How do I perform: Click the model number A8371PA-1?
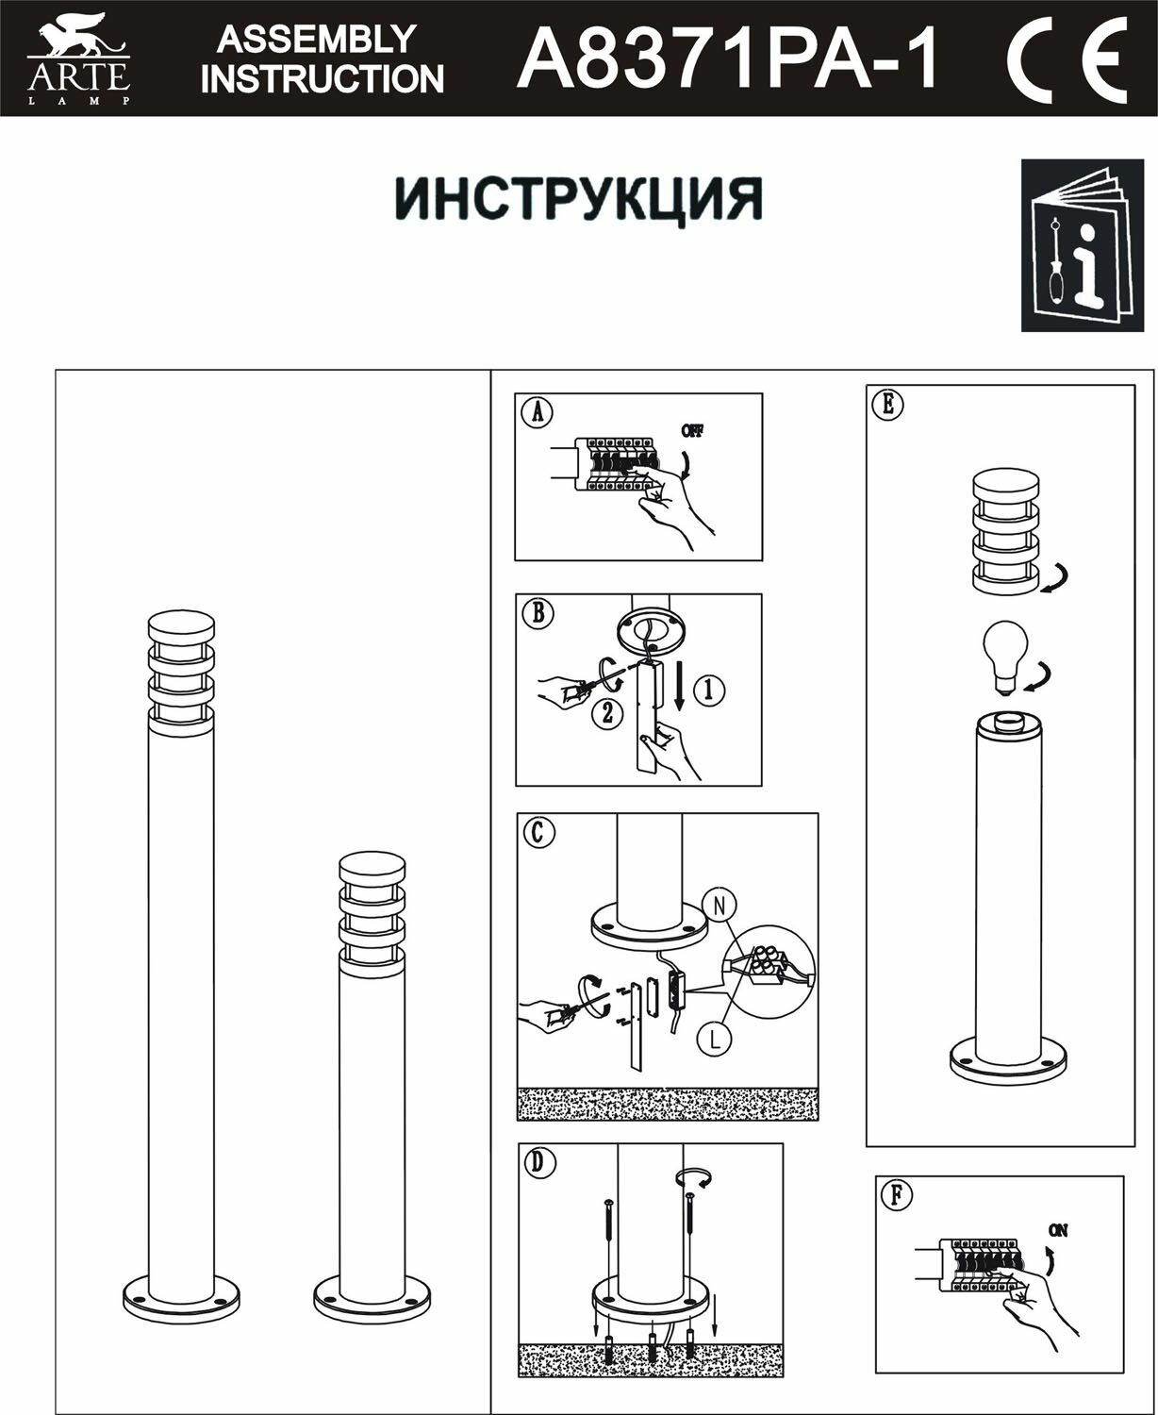(x=728, y=58)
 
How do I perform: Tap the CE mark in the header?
(x=1066, y=58)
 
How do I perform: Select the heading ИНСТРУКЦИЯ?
(x=577, y=197)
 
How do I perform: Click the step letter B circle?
(x=538, y=613)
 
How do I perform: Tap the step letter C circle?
(x=538, y=832)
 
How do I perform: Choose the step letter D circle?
(x=538, y=1163)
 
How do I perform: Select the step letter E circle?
(x=887, y=404)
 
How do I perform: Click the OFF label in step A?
(x=692, y=431)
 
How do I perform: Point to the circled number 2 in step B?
(x=607, y=713)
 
